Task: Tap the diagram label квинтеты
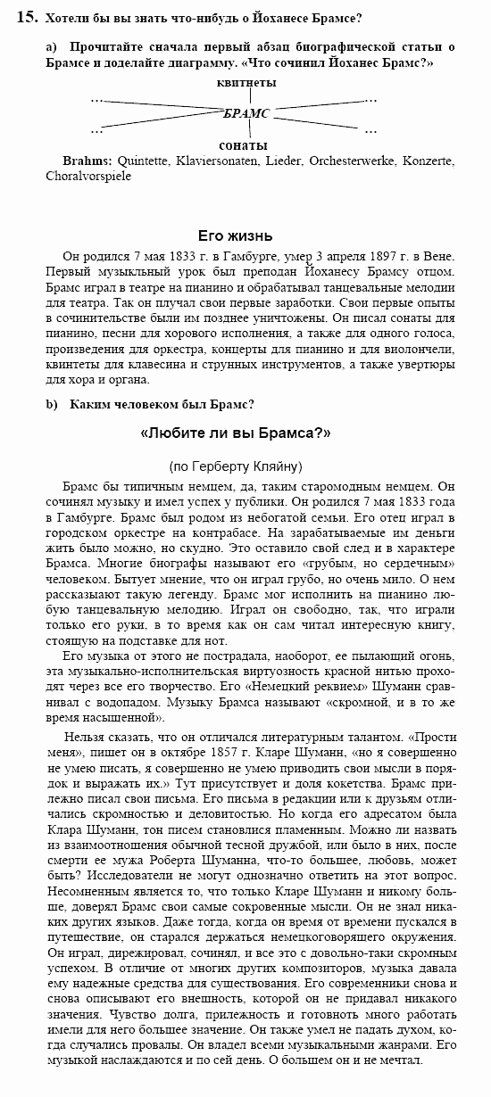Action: tap(246, 82)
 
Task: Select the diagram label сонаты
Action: tap(244, 144)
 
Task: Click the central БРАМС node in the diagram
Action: tap(245, 113)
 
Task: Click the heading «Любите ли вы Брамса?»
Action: tap(236, 433)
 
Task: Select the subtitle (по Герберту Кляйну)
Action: tap(236, 466)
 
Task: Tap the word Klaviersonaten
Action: tap(215, 161)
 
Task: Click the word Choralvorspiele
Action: tap(88, 176)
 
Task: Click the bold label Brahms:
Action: tap(87, 161)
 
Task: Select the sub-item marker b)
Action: tap(52, 404)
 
